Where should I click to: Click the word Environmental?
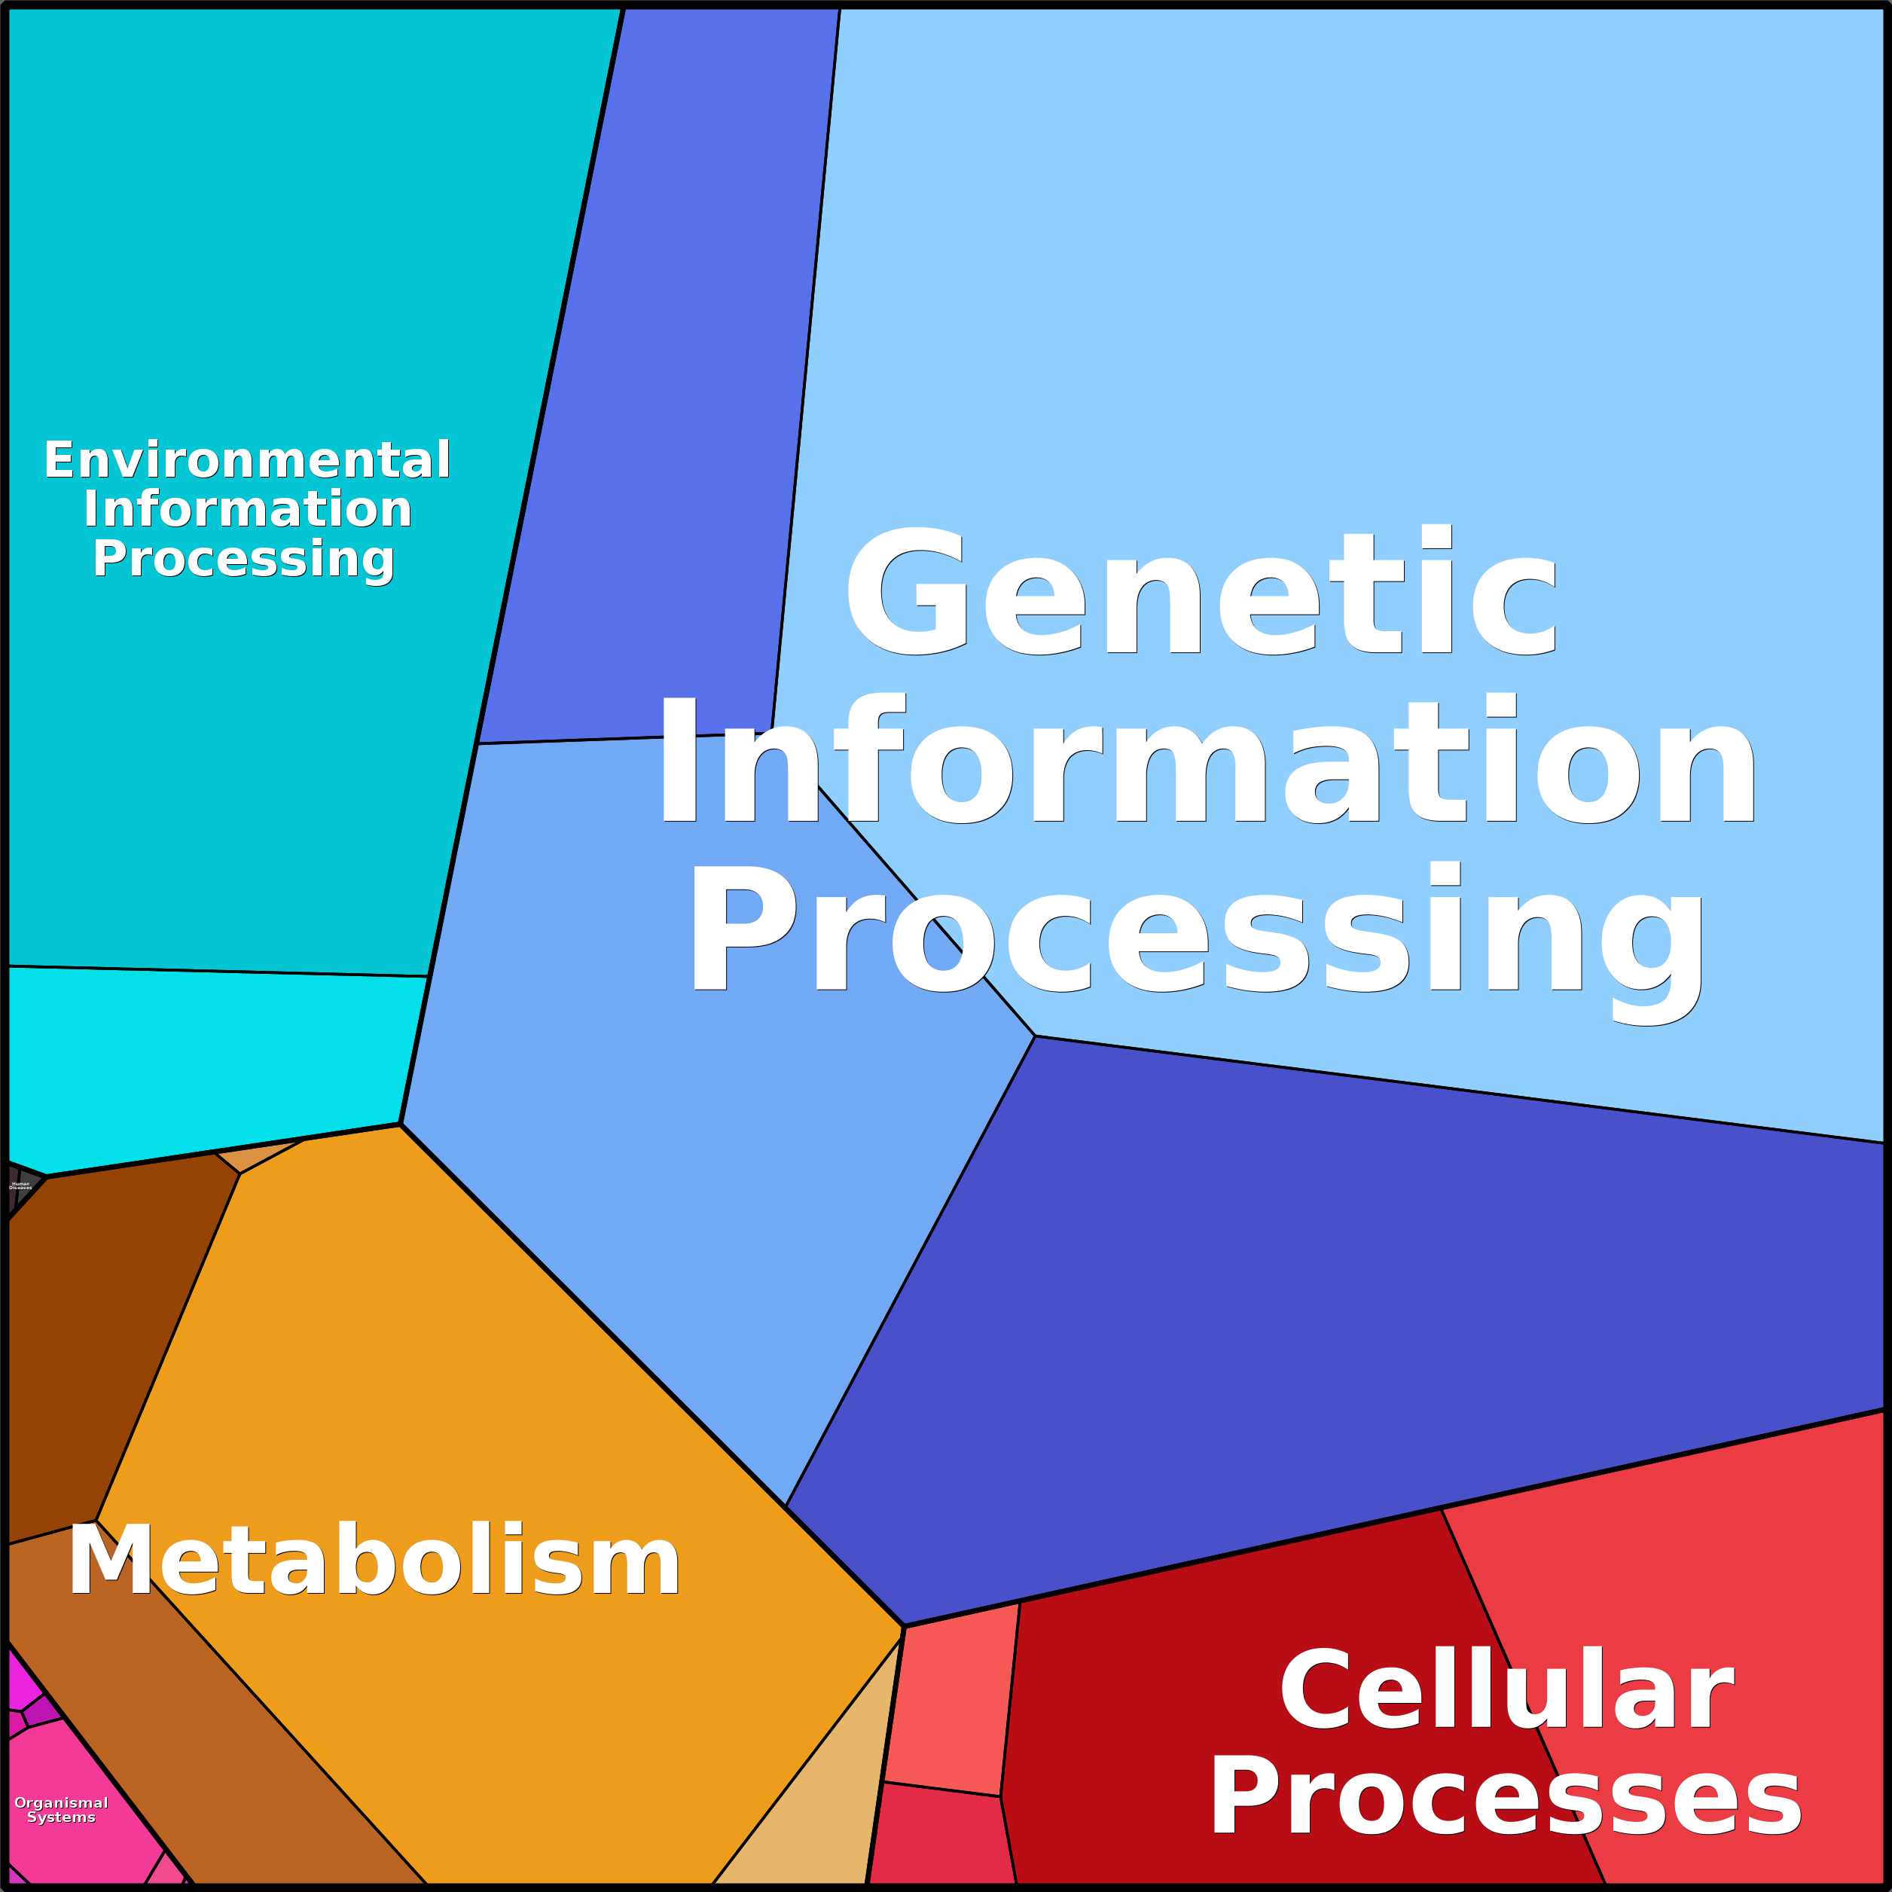point(247,460)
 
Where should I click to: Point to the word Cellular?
point(1507,1691)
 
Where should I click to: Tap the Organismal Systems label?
point(61,1810)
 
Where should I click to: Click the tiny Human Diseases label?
point(20,1186)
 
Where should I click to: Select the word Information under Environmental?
point(247,509)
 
